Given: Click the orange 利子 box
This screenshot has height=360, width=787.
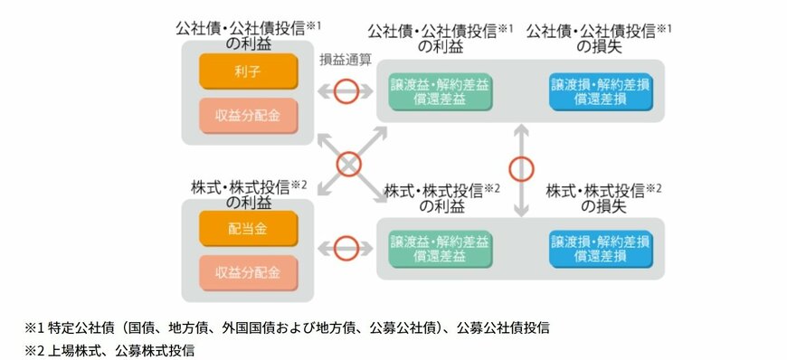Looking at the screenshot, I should pos(248,71).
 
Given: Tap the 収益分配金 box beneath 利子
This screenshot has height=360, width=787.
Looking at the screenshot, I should pos(248,115).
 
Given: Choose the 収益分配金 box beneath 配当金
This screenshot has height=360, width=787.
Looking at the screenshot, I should pos(248,272).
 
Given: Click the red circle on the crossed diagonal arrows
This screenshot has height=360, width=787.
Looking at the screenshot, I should pos(348,164).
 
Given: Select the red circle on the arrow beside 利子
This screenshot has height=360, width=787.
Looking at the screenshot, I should pos(346,91).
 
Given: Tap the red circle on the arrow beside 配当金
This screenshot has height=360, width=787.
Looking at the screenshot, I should pos(346,248).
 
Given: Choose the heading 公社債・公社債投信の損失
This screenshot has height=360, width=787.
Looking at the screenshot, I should pos(600,36).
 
